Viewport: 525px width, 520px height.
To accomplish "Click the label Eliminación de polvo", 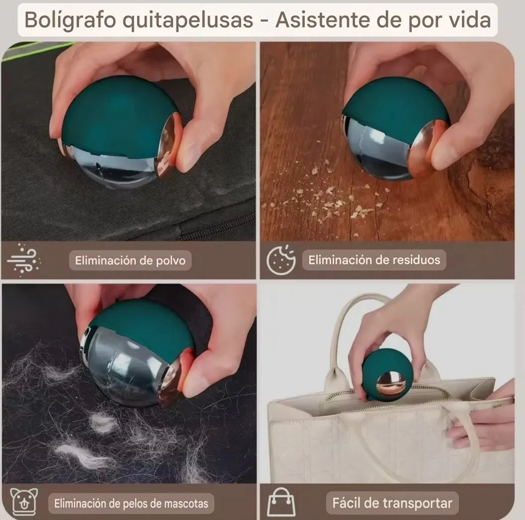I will coord(130,260).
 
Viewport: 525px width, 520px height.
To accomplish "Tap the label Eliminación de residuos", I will coord(374,260).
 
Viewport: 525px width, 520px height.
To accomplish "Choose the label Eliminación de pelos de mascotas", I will coord(131,503).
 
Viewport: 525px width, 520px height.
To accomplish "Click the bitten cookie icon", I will coord(281,260).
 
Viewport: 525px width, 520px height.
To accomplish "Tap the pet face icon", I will coord(24,503).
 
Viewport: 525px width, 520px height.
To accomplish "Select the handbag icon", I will coord(281,503).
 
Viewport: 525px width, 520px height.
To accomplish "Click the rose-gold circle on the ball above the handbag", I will coord(390,384).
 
